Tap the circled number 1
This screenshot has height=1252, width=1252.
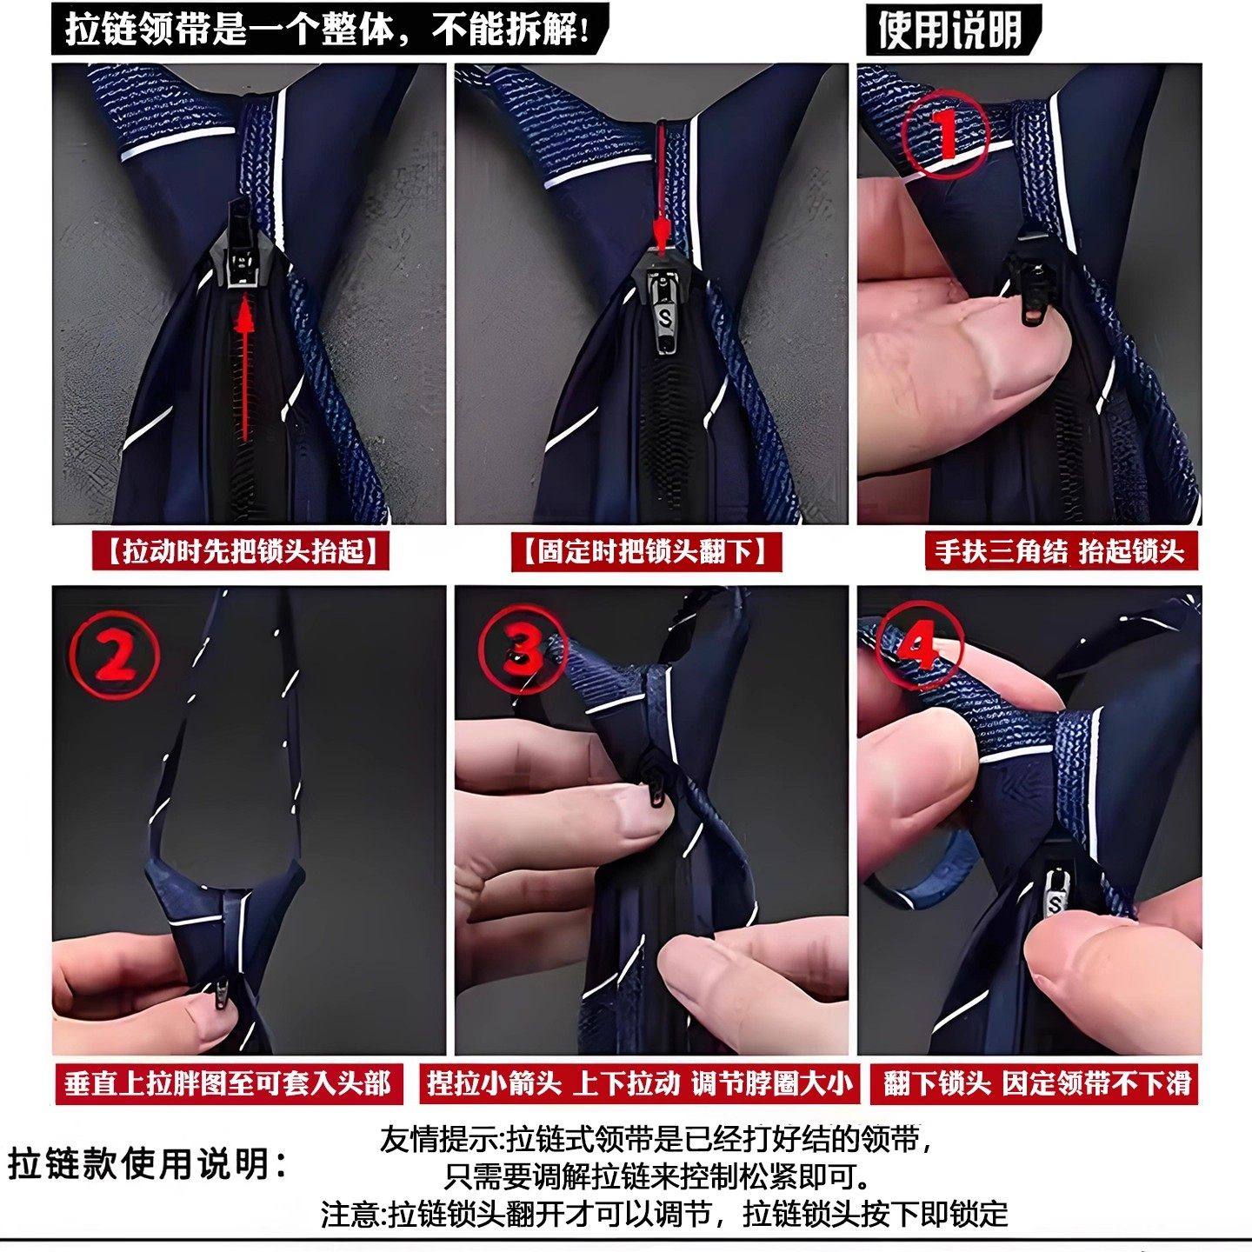(x=945, y=135)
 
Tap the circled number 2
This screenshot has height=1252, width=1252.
(x=116, y=656)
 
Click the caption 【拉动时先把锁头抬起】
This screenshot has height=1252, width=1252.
(x=241, y=551)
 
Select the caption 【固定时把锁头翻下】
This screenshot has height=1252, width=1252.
(x=645, y=551)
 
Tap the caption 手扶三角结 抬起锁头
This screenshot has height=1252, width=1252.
(x=1060, y=551)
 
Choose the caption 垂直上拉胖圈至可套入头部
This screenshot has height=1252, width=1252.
(x=228, y=1083)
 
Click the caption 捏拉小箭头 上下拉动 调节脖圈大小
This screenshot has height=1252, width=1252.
(x=639, y=1083)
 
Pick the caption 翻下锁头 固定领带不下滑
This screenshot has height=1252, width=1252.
(x=1036, y=1083)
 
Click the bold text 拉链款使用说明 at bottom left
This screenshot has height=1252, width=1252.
(x=148, y=1163)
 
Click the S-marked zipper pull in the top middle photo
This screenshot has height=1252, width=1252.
(x=665, y=317)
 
